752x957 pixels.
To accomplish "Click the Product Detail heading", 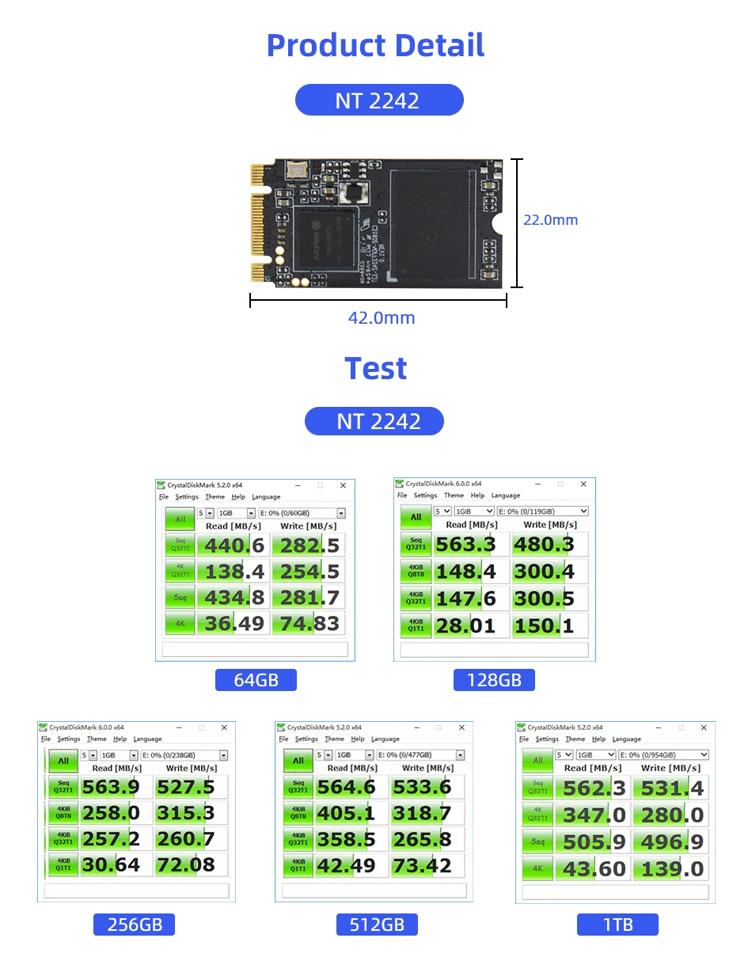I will point(375,45).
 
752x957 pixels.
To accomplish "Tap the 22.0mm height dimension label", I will point(550,220).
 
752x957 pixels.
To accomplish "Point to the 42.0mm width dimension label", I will point(381,318).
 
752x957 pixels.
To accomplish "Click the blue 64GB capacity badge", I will point(256,680).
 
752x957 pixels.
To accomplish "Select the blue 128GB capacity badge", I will point(494,680).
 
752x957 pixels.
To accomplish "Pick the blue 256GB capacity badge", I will point(135,925).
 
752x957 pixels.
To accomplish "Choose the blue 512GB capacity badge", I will point(377,925).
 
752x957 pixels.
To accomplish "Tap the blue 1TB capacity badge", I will point(617,925).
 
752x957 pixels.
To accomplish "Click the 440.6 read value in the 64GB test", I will point(235,545).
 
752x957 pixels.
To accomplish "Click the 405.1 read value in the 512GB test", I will point(346,813).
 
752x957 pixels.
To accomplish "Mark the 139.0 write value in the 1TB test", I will point(673,869).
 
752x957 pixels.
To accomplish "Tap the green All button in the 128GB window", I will point(416,517).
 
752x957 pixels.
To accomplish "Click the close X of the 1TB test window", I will point(703,727).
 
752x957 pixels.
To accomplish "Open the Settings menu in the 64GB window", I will point(187,497).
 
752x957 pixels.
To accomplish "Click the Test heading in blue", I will point(375,369).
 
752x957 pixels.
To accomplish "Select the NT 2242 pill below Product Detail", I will point(378,101).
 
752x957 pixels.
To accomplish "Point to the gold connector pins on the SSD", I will point(256,221).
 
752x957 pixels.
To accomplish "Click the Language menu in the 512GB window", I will point(385,739).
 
